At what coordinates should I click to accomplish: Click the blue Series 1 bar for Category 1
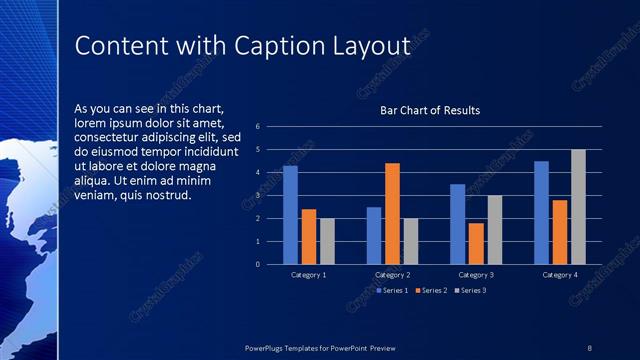click(290, 215)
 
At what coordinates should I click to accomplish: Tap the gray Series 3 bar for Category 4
click(578, 206)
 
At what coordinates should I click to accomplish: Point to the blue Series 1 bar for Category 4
click(541, 212)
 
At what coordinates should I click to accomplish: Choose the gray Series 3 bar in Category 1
click(327, 241)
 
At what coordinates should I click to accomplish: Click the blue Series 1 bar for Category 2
click(374, 235)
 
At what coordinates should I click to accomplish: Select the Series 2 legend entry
click(431, 290)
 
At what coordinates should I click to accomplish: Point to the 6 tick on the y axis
click(258, 127)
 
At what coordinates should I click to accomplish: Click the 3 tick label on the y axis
click(258, 196)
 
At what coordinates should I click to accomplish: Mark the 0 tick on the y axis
click(258, 265)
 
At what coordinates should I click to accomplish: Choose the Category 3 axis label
click(476, 274)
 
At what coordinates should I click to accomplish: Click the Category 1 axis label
click(308, 274)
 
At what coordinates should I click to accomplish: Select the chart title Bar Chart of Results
click(430, 110)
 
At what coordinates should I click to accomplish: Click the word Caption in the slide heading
click(272, 46)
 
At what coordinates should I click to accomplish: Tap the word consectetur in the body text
click(105, 137)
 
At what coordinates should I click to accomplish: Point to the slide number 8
click(589, 347)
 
